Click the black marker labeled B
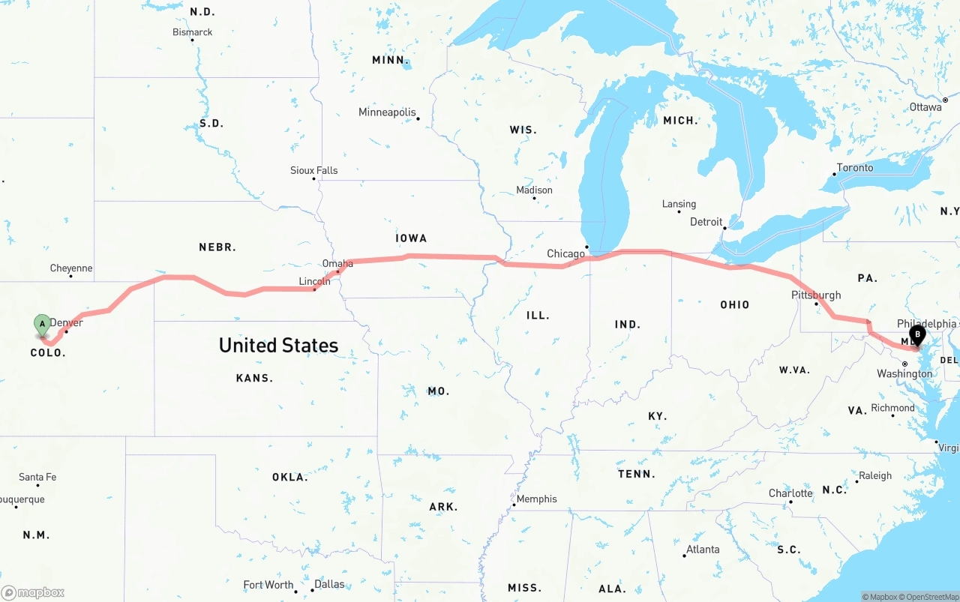point(916,336)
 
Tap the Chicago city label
point(565,254)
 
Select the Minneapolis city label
point(387,112)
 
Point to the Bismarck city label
point(193,32)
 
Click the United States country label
point(278,345)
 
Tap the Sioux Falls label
point(314,171)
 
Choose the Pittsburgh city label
point(816,295)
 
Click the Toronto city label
point(855,168)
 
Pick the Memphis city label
point(536,499)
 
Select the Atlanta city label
point(703,550)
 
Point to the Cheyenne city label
point(71,268)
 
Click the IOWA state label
point(411,238)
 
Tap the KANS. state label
point(254,378)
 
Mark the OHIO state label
point(735,304)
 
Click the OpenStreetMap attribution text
point(931,597)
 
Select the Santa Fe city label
point(37,477)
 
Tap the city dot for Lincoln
point(314,290)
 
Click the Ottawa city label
point(925,107)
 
